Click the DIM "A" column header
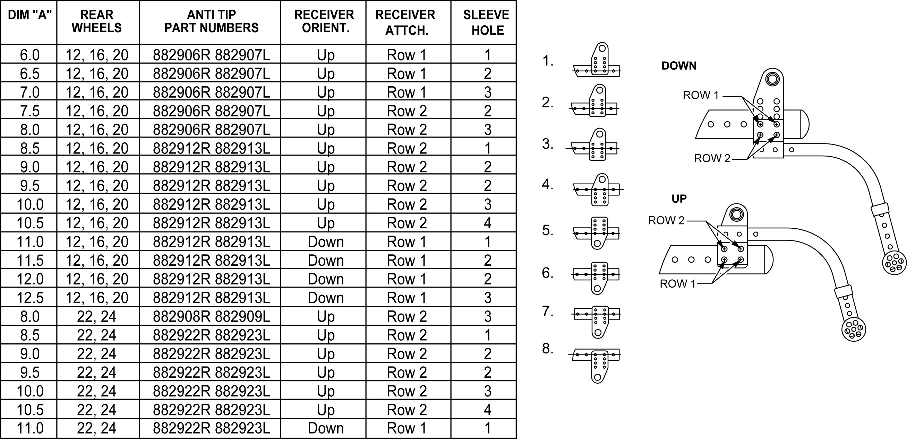click(29, 15)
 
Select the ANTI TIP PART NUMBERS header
click(211, 21)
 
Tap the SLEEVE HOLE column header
click(486, 23)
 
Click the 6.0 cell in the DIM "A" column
click(29, 55)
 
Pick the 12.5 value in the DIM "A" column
click(29, 298)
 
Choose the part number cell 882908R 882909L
click(211, 316)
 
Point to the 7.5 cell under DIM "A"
click(29, 111)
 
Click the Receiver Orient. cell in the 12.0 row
click(326, 279)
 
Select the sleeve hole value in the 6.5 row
click(488, 73)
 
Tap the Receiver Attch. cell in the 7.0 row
click(407, 92)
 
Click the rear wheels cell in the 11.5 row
click(97, 260)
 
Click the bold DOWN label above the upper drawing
click(679, 66)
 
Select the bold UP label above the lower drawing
click(679, 199)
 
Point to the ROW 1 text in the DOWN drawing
click(701, 95)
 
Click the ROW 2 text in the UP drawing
click(666, 220)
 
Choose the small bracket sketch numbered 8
click(595, 366)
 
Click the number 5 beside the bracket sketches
click(547, 231)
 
